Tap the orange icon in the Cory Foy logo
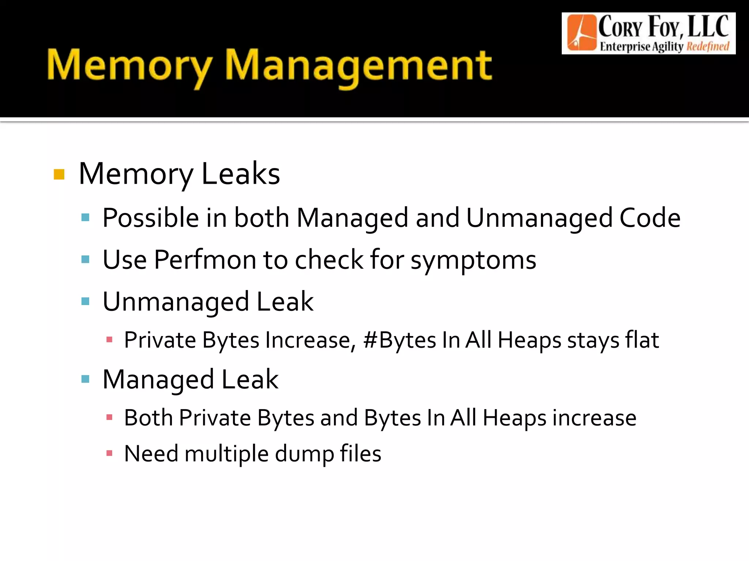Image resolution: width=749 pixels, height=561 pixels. coord(581,33)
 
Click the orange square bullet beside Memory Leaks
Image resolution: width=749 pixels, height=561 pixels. coord(59,175)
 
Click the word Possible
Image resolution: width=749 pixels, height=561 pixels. coord(151,218)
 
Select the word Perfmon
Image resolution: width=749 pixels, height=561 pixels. coord(205,260)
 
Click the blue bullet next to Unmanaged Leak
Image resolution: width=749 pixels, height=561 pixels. coord(86,301)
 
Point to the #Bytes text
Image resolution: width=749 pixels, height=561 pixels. coord(399,340)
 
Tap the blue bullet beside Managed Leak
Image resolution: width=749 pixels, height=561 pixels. coord(86,379)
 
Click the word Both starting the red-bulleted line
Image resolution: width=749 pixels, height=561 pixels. coord(148,418)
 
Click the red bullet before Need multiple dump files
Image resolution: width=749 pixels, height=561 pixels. coord(109,454)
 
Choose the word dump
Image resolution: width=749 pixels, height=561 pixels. coord(304,454)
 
